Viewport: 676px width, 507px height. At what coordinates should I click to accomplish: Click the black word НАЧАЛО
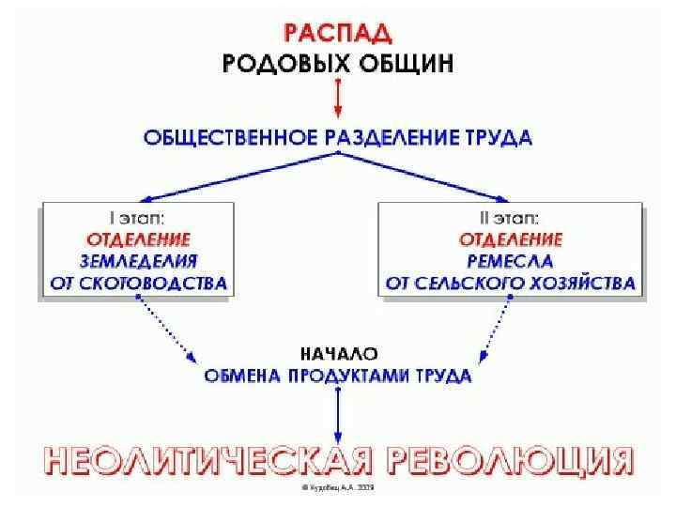[x=338, y=355]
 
